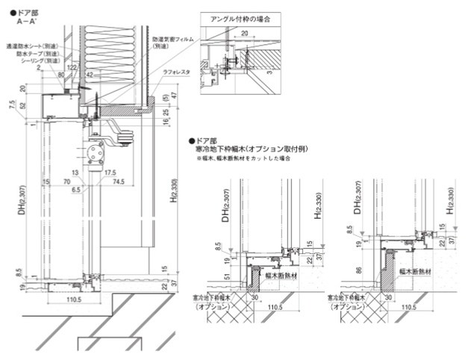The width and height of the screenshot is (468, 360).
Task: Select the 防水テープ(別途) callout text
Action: coord(39,54)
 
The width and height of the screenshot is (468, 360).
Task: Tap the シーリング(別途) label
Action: coord(39,61)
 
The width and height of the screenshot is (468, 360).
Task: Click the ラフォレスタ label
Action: coord(176,72)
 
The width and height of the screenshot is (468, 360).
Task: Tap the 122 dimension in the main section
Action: coord(72,67)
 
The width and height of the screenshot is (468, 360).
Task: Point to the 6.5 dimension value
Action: coord(75,190)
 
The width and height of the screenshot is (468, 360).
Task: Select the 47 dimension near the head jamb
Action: coord(172,96)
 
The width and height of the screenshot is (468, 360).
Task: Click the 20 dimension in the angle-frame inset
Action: coord(244,34)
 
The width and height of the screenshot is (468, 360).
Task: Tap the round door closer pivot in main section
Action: coord(95,152)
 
